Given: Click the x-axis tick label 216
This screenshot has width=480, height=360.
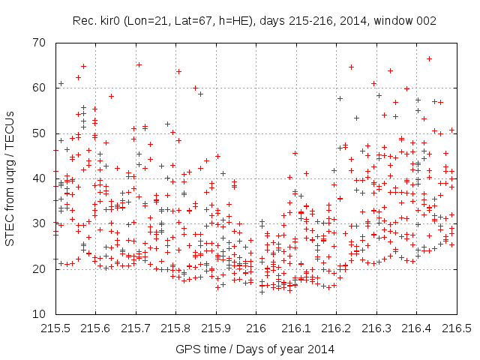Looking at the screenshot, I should coord(256,328).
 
